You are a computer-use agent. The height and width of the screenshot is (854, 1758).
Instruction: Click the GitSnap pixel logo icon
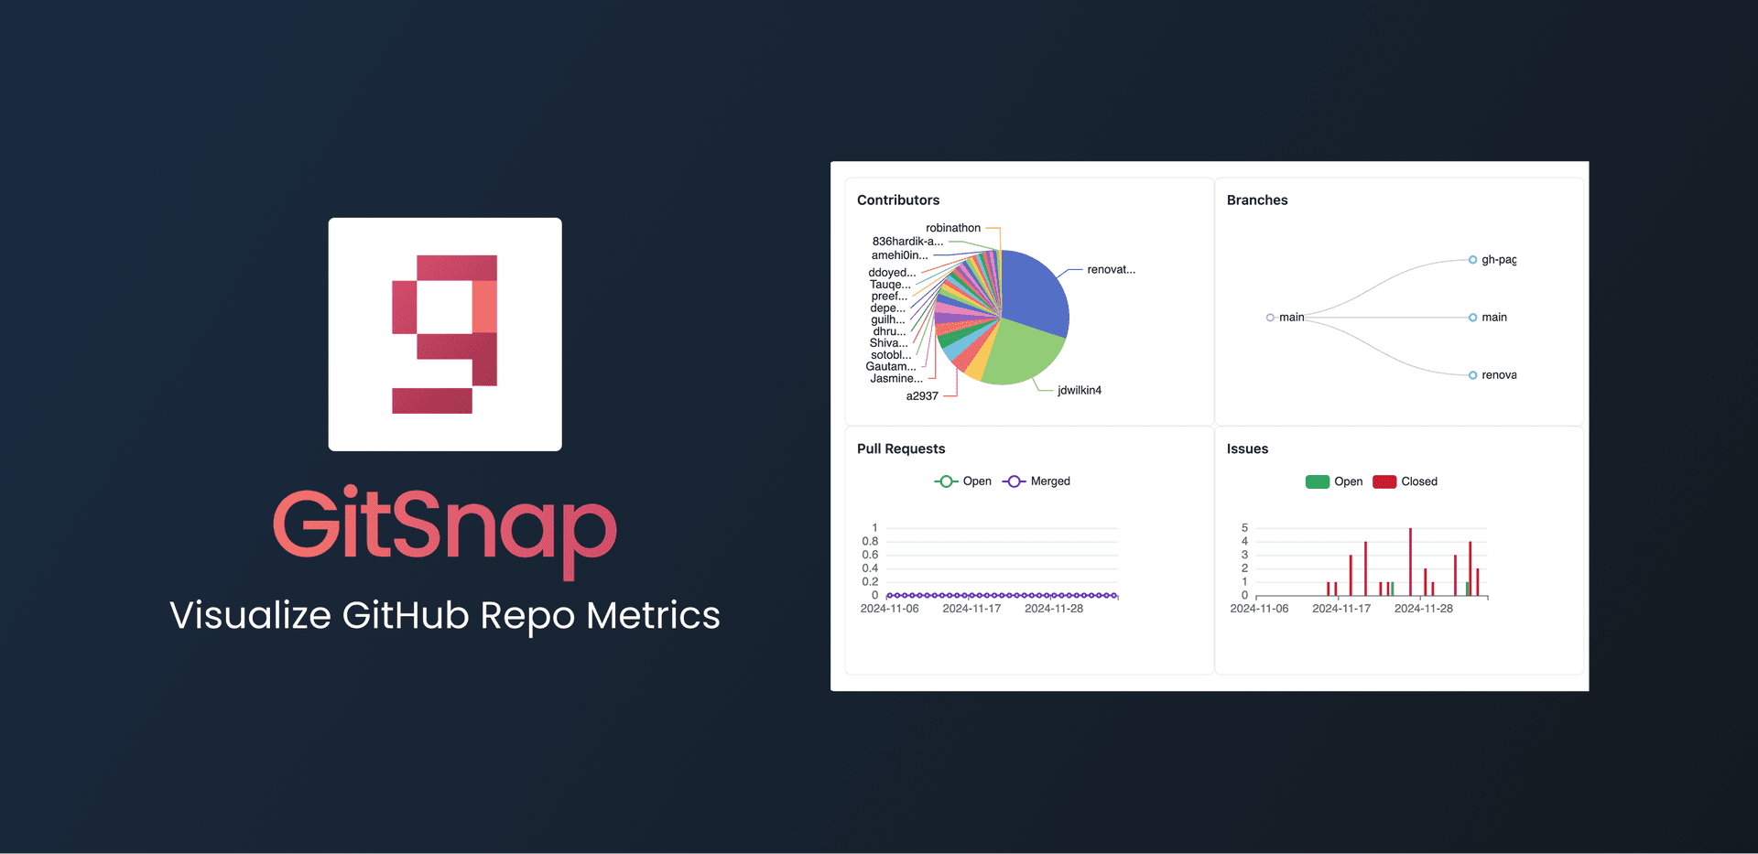click(x=445, y=334)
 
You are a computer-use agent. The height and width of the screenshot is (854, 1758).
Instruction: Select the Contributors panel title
click(x=898, y=200)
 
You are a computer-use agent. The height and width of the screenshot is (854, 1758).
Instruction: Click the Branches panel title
click(x=1257, y=200)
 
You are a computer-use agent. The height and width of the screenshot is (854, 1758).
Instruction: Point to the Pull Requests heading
click(x=901, y=449)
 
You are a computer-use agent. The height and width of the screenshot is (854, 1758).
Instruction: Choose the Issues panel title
click(x=1247, y=449)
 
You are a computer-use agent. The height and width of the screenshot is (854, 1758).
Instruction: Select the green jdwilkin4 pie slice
click(x=1016, y=355)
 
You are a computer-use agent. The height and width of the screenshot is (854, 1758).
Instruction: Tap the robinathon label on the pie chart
click(x=953, y=228)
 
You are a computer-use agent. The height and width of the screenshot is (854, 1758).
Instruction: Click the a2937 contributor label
click(x=922, y=396)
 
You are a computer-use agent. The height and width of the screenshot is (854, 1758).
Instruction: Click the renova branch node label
click(x=1499, y=375)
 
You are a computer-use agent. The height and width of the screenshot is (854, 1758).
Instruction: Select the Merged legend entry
click(x=1049, y=481)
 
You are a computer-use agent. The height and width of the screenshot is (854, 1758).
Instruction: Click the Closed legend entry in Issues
click(x=1418, y=482)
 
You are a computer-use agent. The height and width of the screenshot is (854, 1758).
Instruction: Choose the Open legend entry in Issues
click(x=1348, y=482)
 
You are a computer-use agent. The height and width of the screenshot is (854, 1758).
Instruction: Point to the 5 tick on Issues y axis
click(x=1244, y=528)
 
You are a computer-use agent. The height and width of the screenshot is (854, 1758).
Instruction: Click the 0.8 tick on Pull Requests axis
click(x=870, y=542)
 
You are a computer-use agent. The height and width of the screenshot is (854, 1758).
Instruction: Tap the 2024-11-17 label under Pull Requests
click(x=971, y=609)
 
